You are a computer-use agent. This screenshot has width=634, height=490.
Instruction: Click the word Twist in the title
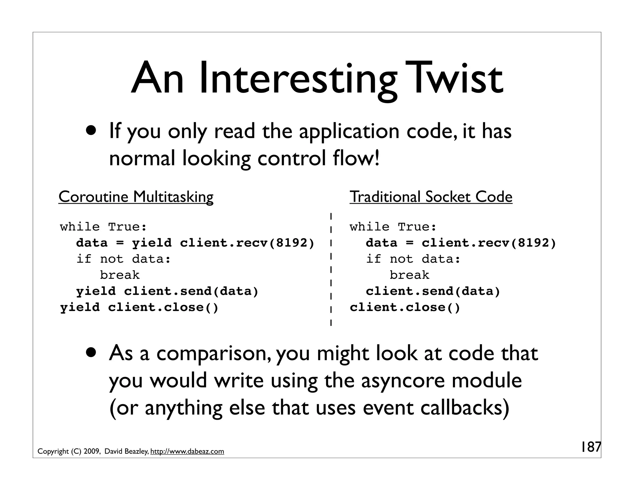point(454,78)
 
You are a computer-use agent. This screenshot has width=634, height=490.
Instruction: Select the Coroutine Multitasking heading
point(136,197)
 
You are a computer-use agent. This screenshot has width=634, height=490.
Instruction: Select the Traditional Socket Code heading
point(431,197)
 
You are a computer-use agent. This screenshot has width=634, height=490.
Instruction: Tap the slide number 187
point(590,447)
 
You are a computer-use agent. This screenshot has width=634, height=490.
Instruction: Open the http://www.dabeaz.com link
point(187,452)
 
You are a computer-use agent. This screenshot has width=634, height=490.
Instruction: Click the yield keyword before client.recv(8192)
point(152,243)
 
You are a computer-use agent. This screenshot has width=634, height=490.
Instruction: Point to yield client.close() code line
point(139,307)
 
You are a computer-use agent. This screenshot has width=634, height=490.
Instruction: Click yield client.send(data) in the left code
point(167,291)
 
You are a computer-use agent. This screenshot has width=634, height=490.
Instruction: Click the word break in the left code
point(120,275)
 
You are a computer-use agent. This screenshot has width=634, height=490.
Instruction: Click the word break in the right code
point(409,275)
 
